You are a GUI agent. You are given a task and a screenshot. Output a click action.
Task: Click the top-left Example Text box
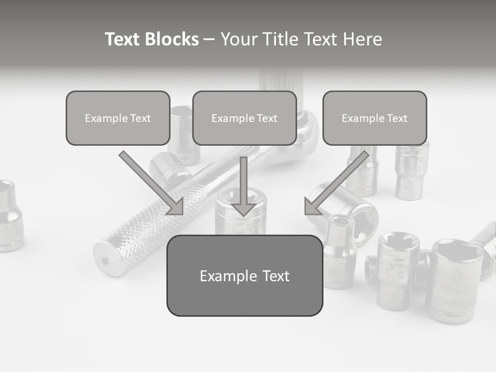point(118,118)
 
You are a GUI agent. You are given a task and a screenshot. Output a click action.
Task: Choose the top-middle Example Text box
point(244,118)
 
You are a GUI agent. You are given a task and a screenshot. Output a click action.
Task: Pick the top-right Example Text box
point(375,118)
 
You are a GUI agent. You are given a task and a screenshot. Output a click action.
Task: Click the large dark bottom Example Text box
point(244,276)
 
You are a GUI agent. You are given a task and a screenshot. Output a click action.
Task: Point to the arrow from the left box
point(152,183)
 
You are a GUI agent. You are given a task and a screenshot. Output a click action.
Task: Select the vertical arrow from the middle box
point(243,186)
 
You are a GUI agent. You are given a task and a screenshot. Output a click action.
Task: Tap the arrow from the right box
point(336,183)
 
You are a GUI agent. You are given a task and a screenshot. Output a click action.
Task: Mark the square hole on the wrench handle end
point(106,261)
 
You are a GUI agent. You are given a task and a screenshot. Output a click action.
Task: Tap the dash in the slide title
point(209,39)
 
